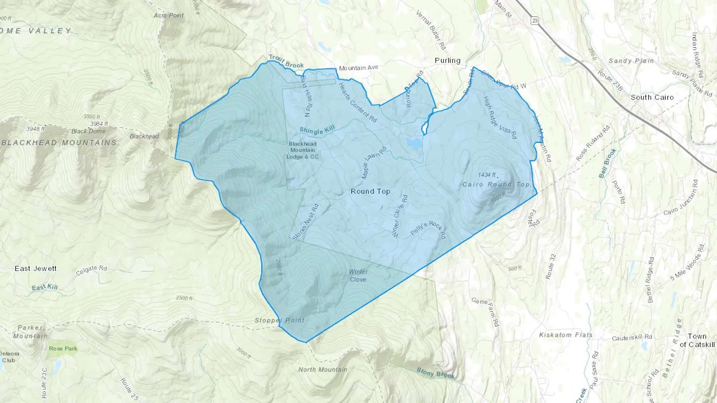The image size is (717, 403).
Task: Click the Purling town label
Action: point(447,60)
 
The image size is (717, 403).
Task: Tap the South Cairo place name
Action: point(652,97)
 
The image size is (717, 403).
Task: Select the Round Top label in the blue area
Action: point(370,191)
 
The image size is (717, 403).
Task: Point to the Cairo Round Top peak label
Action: point(496,184)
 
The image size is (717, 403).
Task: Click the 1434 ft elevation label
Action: point(487,175)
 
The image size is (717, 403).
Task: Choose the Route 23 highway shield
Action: point(535,20)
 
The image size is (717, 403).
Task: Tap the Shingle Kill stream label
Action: point(317,129)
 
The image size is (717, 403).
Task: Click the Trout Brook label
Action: point(286,61)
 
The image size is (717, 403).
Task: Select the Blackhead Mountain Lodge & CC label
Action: point(303,150)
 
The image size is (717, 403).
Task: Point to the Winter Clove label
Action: point(358,275)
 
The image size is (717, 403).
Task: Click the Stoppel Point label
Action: point(280,320)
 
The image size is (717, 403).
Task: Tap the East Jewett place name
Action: point(35,269)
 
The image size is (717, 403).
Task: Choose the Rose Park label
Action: point(63,348)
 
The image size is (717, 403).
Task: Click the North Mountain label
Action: point(323,370)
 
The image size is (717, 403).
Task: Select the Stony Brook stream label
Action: point(435,373)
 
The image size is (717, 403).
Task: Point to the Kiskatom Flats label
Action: point(566,335)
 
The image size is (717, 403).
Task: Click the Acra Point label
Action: point(169,16)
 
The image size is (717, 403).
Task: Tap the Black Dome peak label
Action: point(88,131)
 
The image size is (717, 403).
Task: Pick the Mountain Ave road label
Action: point(358,68)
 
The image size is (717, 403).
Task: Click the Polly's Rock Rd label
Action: point(428,230)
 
